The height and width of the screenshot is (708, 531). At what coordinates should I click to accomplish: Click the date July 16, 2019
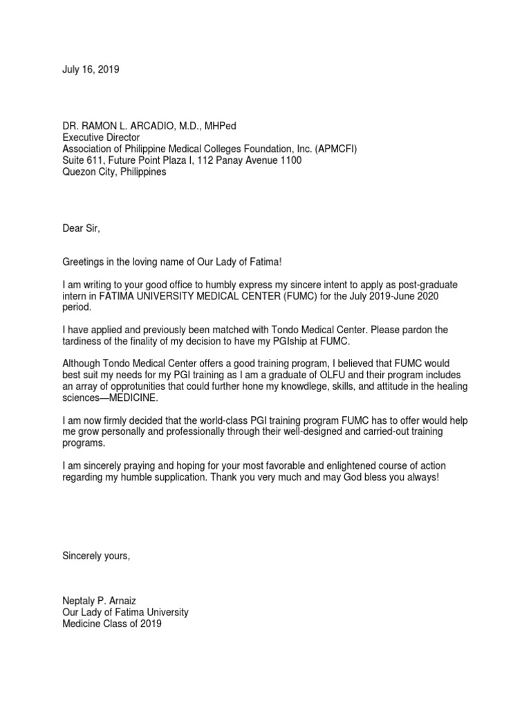coord(91,70)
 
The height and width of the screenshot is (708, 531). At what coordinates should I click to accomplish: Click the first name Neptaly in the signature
coord(81,601)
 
